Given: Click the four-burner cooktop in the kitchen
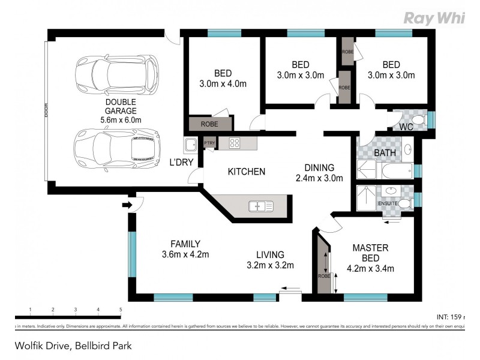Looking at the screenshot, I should pyautogui.click(x=234, y=143).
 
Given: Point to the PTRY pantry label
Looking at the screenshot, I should pyautogui.click(x=209, y=143).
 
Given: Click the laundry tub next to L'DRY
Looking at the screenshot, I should pyautogui.click(x=191, y=145).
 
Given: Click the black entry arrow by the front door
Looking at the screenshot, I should pyautogui.click(x=127, y=206).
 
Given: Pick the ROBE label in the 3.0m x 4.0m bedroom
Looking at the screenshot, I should pyautogui.click(x=209, y=124).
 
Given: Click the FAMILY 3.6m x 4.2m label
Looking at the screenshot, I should pyautogui.click(x=185, y=249).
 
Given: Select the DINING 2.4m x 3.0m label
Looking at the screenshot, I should pyautogui.click(x=319, y=173).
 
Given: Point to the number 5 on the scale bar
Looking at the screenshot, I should pyautogui.click(x=121, y=310).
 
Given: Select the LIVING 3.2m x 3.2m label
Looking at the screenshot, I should pyautogui.click(x=270, y=260).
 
